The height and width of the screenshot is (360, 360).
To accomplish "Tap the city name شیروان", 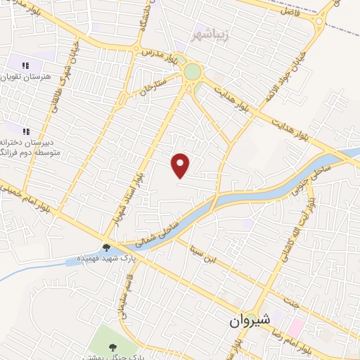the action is coord(249,320).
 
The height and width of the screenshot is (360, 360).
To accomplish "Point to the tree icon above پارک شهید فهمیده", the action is coord(106,247).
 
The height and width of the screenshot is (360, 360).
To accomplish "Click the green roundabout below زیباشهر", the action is coord(191,72).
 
